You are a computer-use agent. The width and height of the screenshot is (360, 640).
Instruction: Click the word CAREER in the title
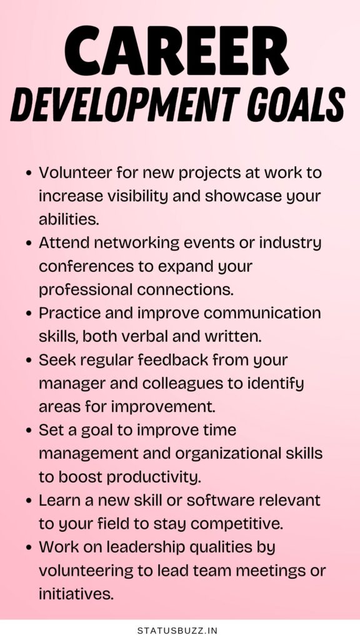click(176, 51)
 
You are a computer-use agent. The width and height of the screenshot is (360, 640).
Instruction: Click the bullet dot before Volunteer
click(29, 173)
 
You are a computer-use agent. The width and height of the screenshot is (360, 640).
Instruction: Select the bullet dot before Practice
click(29, 314)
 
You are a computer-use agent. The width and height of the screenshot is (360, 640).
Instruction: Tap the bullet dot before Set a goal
click(29, 431)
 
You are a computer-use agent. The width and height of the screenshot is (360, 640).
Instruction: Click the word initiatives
click(76, 594)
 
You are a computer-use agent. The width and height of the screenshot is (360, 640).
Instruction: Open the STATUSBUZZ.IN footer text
click(177, 631)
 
